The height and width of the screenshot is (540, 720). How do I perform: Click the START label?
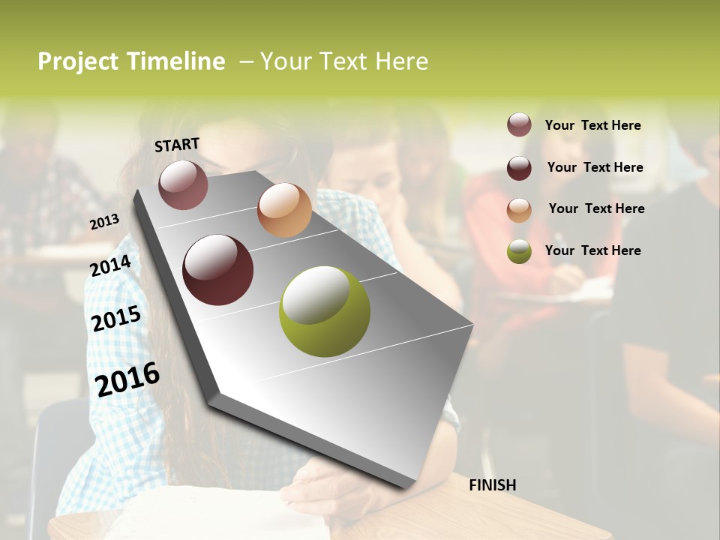click(x=177, y=145)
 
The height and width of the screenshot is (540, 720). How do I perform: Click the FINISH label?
click(x=492, y=485)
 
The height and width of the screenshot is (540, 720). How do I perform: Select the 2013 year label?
click(x=105, y=222)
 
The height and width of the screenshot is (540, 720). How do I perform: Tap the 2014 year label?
click(x=111, y=265)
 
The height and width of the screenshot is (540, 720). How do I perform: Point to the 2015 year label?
click(x=116, y=319)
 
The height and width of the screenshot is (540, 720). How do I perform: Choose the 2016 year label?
click(x=128, y=378)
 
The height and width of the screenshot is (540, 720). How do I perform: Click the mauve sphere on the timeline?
click(x=183, y=184)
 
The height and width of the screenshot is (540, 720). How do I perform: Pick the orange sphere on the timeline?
click(x=284, y=210)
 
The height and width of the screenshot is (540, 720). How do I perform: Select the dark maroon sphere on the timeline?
click(x=217, y=270)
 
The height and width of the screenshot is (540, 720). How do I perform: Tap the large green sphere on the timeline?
click(x=325, y=310)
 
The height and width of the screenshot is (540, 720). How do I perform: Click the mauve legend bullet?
click(x=519, y=124)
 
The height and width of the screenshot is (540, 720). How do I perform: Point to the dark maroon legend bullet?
click(x=519, y=168)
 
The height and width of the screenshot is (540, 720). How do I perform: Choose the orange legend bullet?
click(x=519, y=209)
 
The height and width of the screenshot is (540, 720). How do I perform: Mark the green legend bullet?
click(x=519, y=251)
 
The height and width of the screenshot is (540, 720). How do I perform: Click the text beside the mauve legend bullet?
click(x=592, y=125)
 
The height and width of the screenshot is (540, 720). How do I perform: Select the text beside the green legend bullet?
click(x=592, y=250)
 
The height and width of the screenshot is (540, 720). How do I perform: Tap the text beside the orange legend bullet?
click(x=596, y=208)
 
